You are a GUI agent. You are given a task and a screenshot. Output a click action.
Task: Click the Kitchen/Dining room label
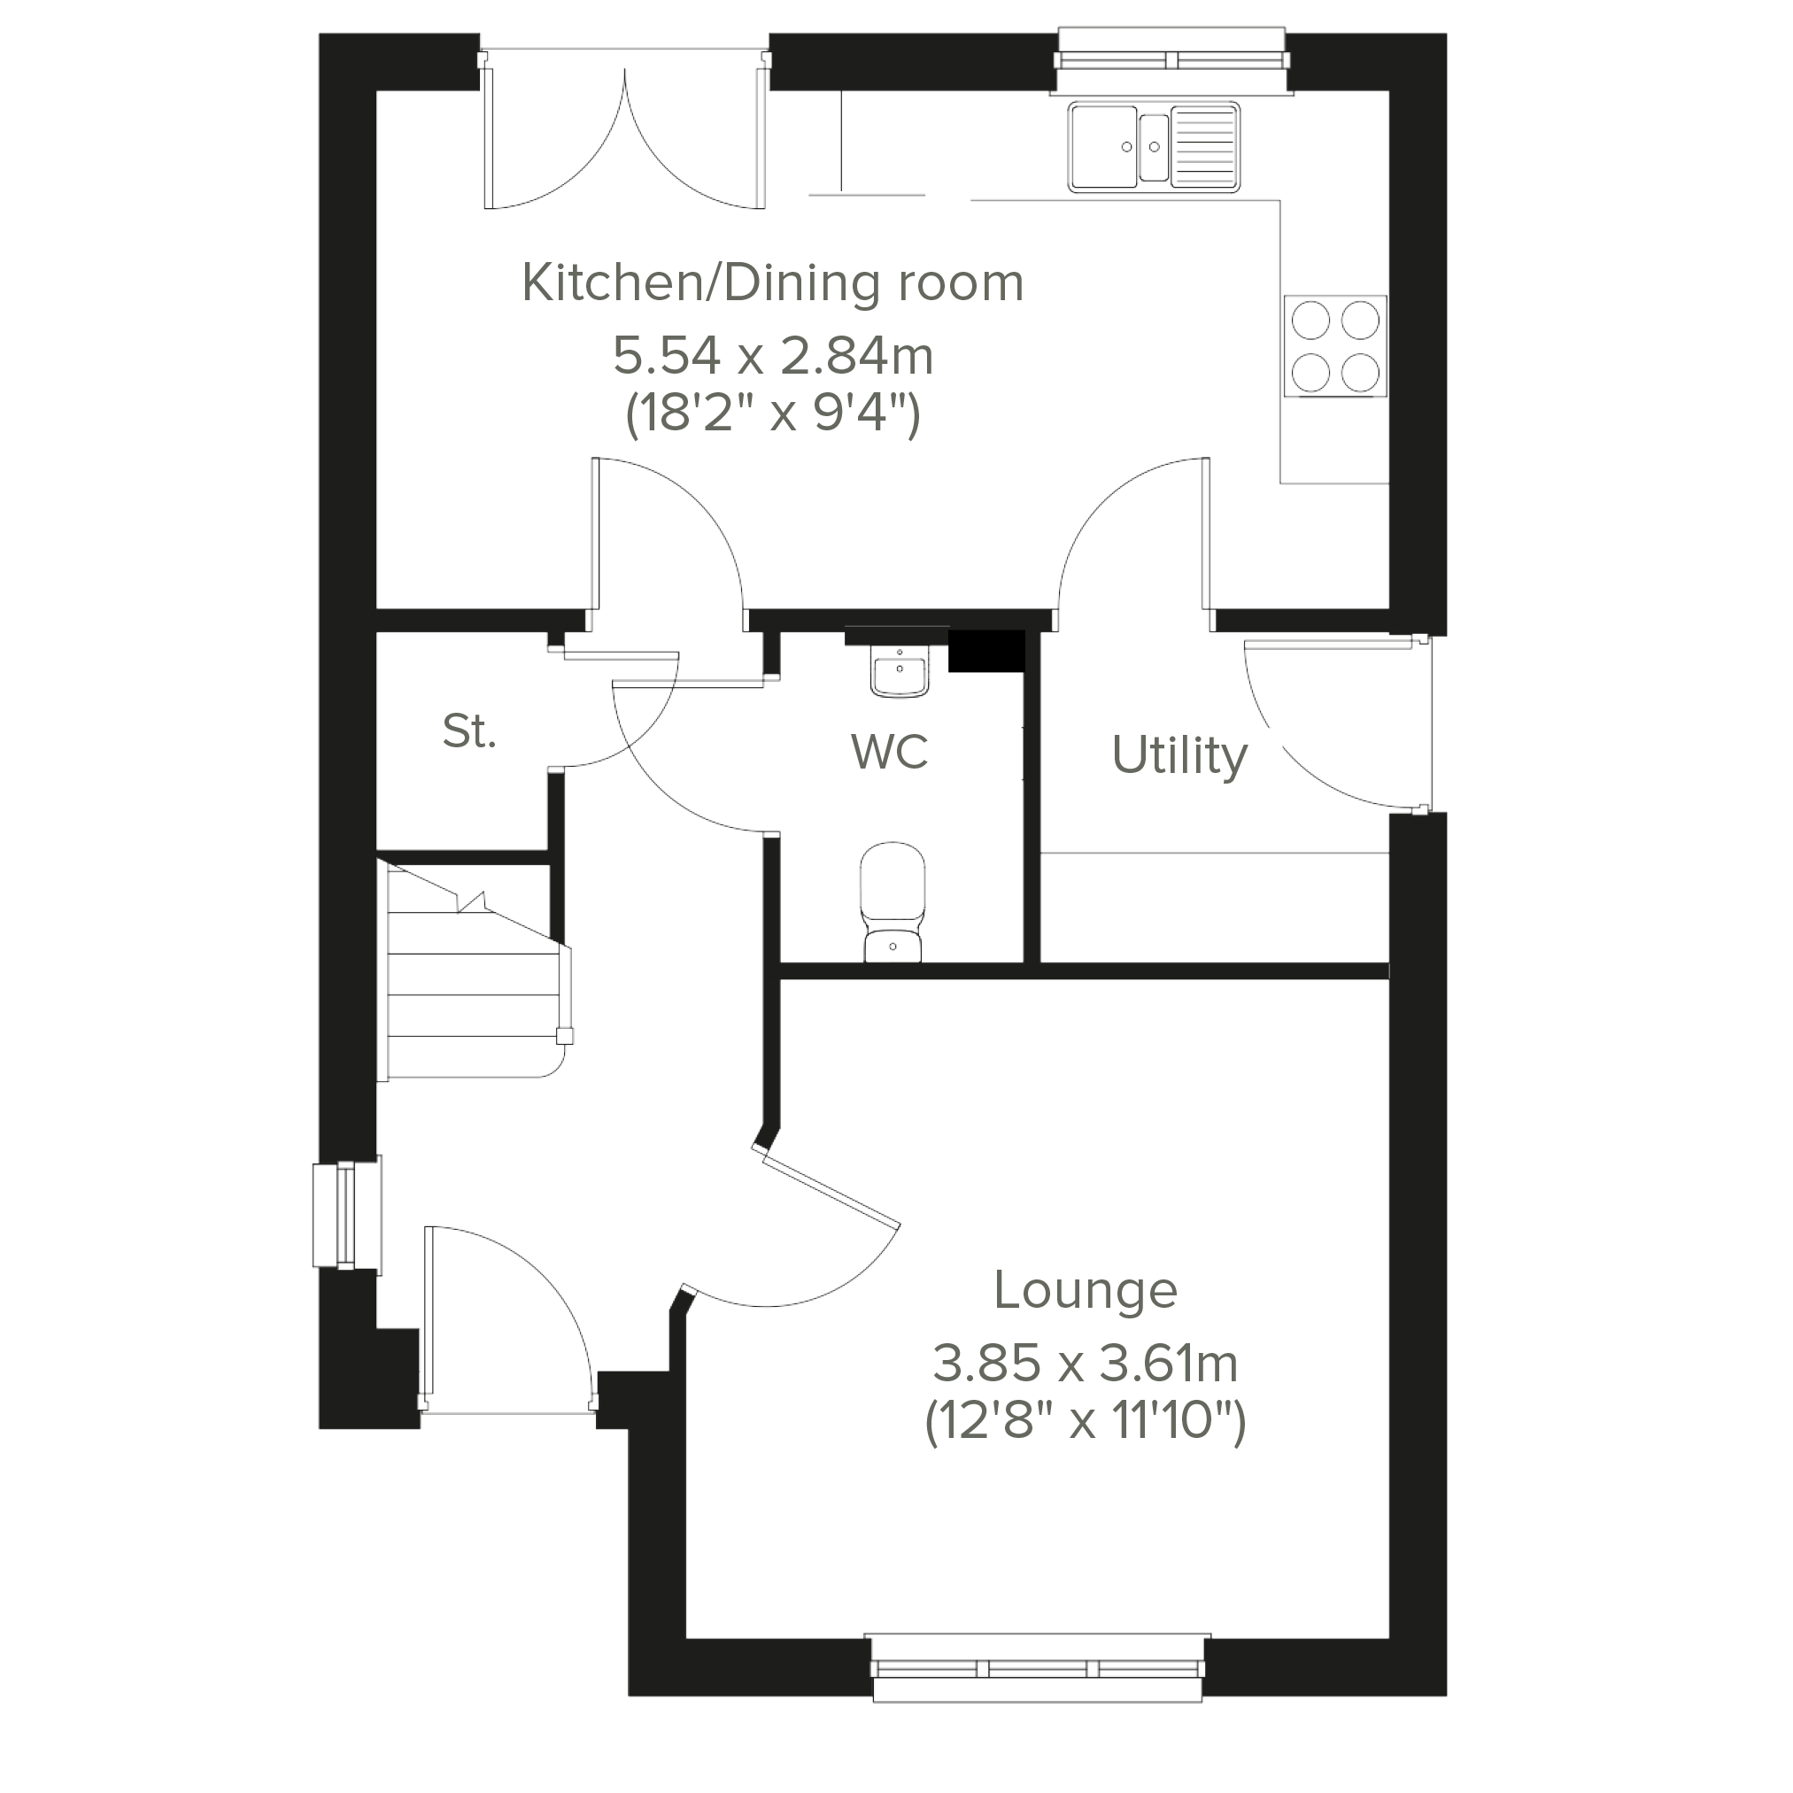pyautogui.click(x=772, y=283)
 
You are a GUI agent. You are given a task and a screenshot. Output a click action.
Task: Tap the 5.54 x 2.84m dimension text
pyautogui.click(x=772, y=355)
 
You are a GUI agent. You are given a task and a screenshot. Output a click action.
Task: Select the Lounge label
pyautogui.click(x=1085, y=1290)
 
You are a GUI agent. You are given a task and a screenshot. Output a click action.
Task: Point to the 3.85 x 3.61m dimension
pyautogui.click(x=1085, y=1364)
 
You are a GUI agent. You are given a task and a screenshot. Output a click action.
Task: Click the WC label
pyautogui.click(x=889, y=752)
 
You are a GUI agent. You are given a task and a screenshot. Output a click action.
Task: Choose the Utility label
pyautogui.click(x=1179, y=755)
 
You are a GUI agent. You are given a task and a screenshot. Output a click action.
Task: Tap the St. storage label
pyautogui.click(x=469, y=732)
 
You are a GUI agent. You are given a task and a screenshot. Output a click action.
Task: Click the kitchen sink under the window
pyautogui.click(x=1154, y=147)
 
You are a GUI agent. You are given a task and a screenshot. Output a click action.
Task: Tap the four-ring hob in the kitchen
pyautogui.click(x=1334, y=346)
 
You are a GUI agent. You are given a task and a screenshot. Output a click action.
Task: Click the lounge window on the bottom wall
pyautogui.click(x=1038, y=1694)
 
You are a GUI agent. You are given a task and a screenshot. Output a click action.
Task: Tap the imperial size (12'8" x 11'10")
pyautogui.click(x=1085, y=1421)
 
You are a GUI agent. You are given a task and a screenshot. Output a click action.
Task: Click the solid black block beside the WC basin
pyautogui.click(x=985, y=652)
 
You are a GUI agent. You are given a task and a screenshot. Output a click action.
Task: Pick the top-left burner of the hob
pyautogui.click(x=1310, y=321)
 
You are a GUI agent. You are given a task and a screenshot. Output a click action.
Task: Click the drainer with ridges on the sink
pyautogui.click(x=1204, y=146)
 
